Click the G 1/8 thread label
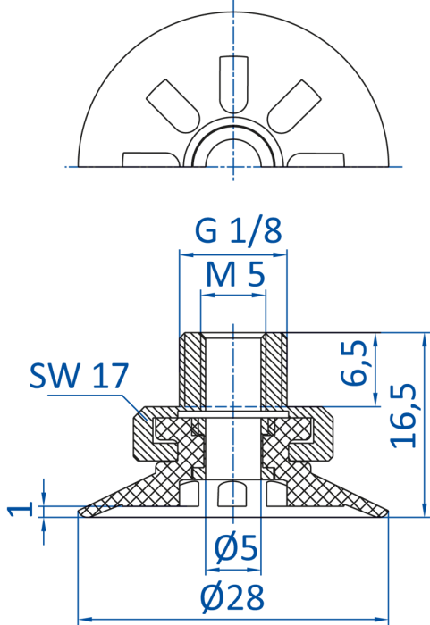pyautogui.click(x=239, y=230)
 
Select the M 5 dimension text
pyautogui.click(x=235, y=274)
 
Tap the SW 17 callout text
pyautogui.click(x=79, y=375)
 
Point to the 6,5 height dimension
pyautogui.click(x=354, y=362)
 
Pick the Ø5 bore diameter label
pyautogui.click(x=236, y=548)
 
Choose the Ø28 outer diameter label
pyautogui.click(x=232, y=597)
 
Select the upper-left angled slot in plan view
pyautogui.click(x=173, y=106)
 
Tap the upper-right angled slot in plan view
pyautogui.click(x=294, y=106)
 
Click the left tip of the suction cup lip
pyautogui.click(x=79, y=512)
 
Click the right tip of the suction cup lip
pyautogui.click(x=387, y=512)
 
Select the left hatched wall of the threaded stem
pyautogui.click(x=192, y=369)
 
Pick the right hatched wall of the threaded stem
pyautogui.click(x=274, y=369)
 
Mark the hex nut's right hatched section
pyautogui.click(x=316, y=435)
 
